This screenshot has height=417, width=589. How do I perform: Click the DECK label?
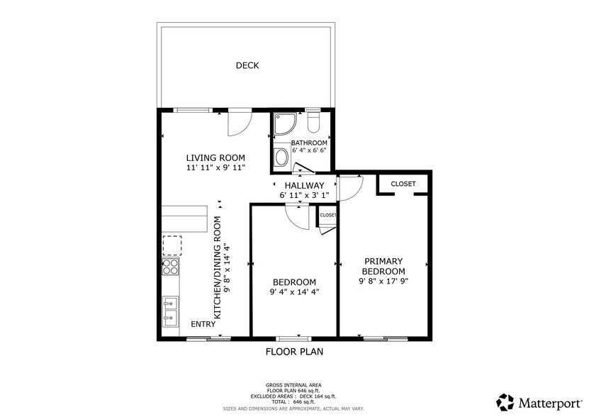(247, 66)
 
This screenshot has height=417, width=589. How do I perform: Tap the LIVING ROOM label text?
(215, 157)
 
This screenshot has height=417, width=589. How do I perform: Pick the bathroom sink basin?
(281, 157)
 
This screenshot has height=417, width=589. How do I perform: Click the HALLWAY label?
(304, 185)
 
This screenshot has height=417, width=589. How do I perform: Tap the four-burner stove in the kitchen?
(171, 266)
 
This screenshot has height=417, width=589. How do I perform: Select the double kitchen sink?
(171, 311)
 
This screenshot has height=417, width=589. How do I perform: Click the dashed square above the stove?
(172, 245)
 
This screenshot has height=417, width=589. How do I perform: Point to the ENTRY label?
(204, 324)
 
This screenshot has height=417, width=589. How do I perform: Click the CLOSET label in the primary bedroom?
(403, 184)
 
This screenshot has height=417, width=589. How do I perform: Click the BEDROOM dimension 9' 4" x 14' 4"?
(294, 291)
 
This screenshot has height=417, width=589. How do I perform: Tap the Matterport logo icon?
(505, 401)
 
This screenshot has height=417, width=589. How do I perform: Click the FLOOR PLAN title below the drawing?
(294, 351)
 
